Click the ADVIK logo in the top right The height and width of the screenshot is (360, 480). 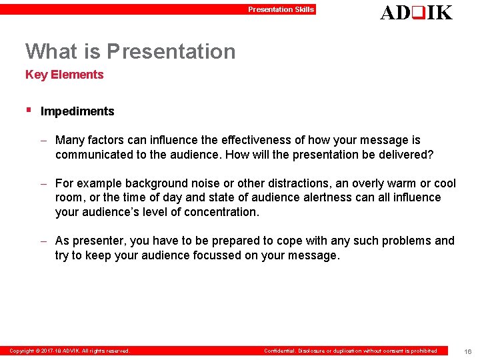[416, 12]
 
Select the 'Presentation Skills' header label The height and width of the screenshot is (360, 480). [281, 9]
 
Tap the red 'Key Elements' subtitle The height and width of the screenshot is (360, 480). [65, 75]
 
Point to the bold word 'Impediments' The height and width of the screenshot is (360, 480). [77, 111]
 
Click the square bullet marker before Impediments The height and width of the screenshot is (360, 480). [28, 109]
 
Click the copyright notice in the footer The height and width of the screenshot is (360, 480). [69, 351]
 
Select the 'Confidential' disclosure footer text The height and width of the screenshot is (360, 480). [351, 351]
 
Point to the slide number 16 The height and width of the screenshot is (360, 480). [468, 351]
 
